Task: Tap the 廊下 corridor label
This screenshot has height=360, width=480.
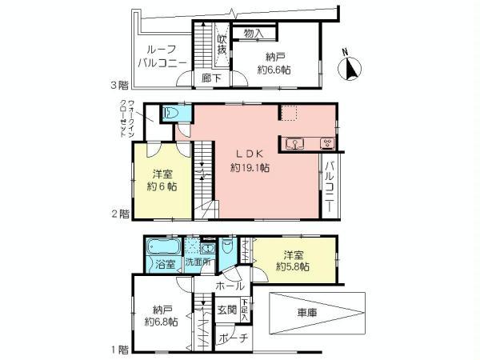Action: coord(212,78)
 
